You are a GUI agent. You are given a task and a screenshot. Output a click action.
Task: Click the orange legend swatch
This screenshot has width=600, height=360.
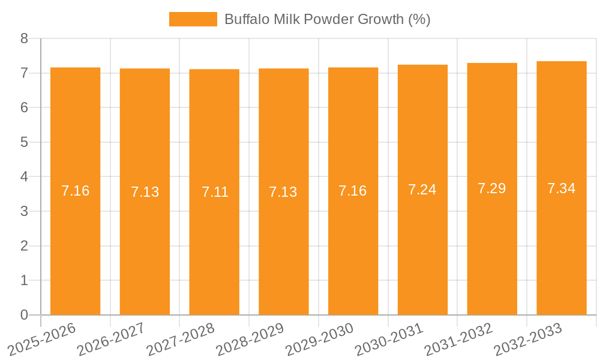pos(193,19)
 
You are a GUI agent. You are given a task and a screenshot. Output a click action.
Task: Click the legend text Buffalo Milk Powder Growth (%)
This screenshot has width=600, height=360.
pos(327,19)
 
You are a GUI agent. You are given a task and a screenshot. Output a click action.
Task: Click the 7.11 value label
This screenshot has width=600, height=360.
pos(215,192)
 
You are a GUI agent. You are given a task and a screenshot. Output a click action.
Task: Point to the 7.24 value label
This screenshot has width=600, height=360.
pos(422,190)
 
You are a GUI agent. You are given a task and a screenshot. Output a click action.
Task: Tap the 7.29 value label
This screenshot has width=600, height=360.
pos(492,188)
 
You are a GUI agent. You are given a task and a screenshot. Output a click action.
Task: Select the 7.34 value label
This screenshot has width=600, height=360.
pos(562,188)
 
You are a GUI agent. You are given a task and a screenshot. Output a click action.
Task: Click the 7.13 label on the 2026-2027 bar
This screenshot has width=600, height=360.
pos(145,192)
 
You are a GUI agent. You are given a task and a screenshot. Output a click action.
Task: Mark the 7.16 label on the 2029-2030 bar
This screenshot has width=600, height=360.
pos(353,191)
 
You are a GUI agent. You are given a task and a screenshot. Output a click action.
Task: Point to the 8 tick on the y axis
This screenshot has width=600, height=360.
pos(24,38)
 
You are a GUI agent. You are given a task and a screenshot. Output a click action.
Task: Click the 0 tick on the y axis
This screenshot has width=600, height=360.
pos(24,315)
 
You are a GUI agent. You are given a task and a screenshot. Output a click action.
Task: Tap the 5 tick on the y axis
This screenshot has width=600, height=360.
pos(24,142)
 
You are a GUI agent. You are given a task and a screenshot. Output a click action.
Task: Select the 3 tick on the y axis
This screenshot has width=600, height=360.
pos(24,211)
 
